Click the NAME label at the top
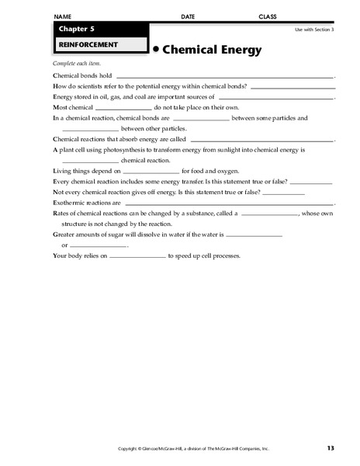65,16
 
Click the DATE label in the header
188,16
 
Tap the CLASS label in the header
267,16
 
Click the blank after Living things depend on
151,170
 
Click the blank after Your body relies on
137,255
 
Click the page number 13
330,448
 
